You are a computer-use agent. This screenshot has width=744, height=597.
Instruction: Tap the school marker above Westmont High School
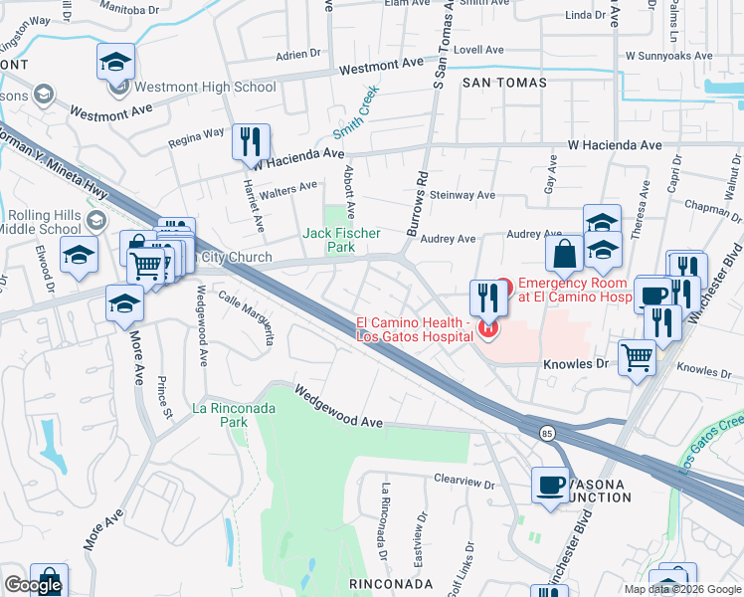116,62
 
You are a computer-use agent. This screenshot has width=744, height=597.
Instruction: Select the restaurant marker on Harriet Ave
251,141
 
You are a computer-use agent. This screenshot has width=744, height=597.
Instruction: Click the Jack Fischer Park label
329,240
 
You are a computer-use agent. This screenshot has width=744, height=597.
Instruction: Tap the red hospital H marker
487,327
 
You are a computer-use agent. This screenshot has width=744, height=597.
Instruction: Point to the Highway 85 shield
547,433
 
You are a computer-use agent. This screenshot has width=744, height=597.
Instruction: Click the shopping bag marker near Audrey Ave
564,254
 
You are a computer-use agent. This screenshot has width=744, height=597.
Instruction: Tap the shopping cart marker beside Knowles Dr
637,357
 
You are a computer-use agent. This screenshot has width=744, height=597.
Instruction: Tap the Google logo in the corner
33,585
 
